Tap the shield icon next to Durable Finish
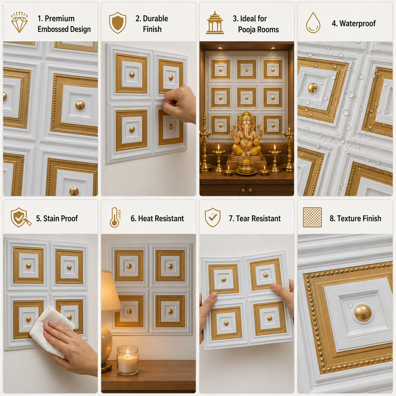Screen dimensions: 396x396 click(x=117, y=23)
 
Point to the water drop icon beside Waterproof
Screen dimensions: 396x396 click(x=313, y=23)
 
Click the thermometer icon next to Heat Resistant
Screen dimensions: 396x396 click(x=115, y=217)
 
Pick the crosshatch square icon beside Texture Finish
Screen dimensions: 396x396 click(x=312, y=217)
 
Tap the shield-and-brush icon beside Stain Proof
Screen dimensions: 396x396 click(x=21, y=217)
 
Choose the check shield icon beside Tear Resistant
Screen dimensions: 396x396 click(x=213, y=217)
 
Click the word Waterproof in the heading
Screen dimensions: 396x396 click(x=357, y=24)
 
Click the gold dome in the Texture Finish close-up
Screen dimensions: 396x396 click(x=363, y=313)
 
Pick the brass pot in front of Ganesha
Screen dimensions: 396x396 click(x=246, y=166)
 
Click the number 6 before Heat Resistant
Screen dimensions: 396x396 click(x=133, y=219)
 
